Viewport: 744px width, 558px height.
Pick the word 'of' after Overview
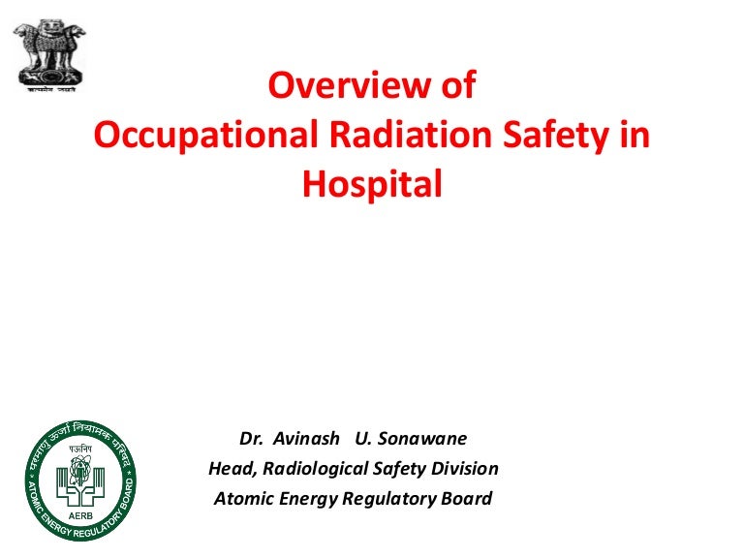click(457, 86)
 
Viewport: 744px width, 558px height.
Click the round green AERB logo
click(80, 475)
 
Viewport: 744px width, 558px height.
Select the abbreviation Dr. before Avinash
click(252, 439)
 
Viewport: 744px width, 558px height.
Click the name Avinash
click(306, 439)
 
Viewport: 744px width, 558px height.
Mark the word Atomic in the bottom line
click(241, 499)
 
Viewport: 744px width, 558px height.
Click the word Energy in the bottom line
click(303, 499)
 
